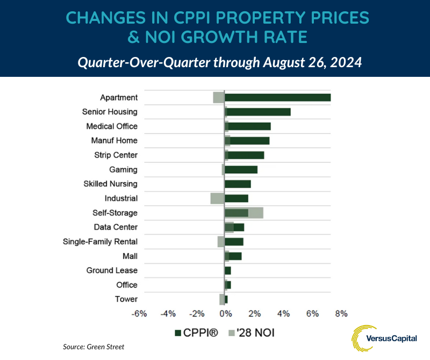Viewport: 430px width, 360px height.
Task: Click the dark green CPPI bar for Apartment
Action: (x=277, y=97)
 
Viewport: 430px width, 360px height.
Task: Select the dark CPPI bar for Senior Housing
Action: (x=258, y=112)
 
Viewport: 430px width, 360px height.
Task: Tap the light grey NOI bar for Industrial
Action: (x=217, y=198)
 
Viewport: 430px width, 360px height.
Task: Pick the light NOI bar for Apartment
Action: (x=219, y=97)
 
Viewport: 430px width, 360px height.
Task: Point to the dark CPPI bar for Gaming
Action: (x=241, y=170)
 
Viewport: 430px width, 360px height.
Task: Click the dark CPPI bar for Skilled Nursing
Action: (x=238, y=184)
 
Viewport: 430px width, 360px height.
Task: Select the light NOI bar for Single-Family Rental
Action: (x=221, y=242)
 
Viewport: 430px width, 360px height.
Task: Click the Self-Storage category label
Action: (x=115, y=213)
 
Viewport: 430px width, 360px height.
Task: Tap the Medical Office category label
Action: (x=112, y=126)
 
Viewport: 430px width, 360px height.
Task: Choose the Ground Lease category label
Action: (x=112, y=270)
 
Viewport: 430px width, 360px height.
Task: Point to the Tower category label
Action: (x=126, y=299)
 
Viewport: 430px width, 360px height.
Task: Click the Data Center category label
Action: (x=116, y=227)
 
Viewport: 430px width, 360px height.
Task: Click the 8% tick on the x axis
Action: (x=341, y=314)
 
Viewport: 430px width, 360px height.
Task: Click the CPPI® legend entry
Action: (x=197, y=333)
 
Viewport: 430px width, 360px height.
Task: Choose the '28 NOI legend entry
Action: (x=253, y=333)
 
